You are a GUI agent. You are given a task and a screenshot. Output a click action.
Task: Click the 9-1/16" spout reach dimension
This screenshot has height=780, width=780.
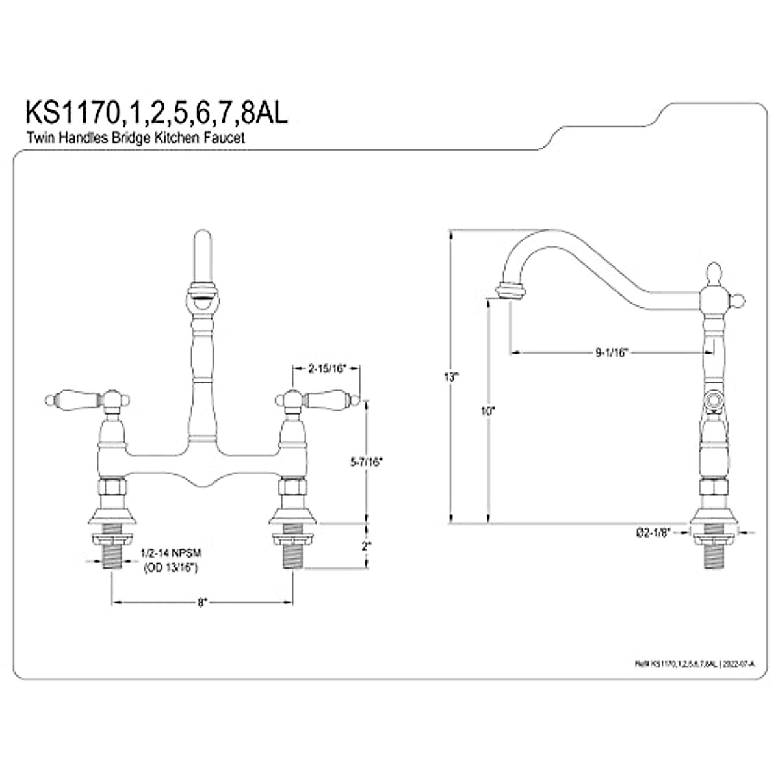tap(610, 353)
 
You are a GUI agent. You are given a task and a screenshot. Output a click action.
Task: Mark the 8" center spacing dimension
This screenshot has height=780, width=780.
tap(203, 603)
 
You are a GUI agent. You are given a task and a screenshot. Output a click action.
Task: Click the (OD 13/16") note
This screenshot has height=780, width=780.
tap(169, 567)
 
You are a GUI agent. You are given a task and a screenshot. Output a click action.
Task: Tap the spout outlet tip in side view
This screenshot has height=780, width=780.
tap(509, 289)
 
